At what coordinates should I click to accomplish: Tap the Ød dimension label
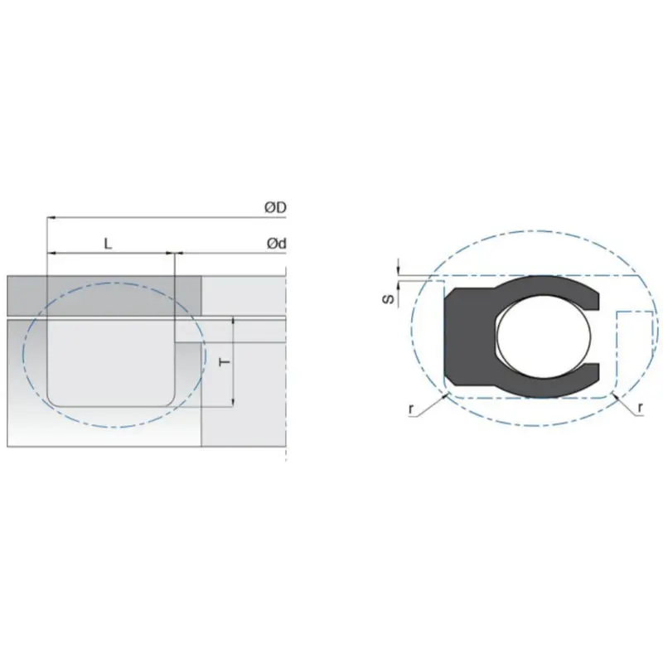[275, 243]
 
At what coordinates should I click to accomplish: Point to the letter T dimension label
[223, 362]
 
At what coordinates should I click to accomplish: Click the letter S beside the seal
[385, 299]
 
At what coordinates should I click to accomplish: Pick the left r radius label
[412, 410]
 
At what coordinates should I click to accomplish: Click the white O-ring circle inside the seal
[544, 335]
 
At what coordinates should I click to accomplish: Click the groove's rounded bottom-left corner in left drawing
[53, 400]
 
